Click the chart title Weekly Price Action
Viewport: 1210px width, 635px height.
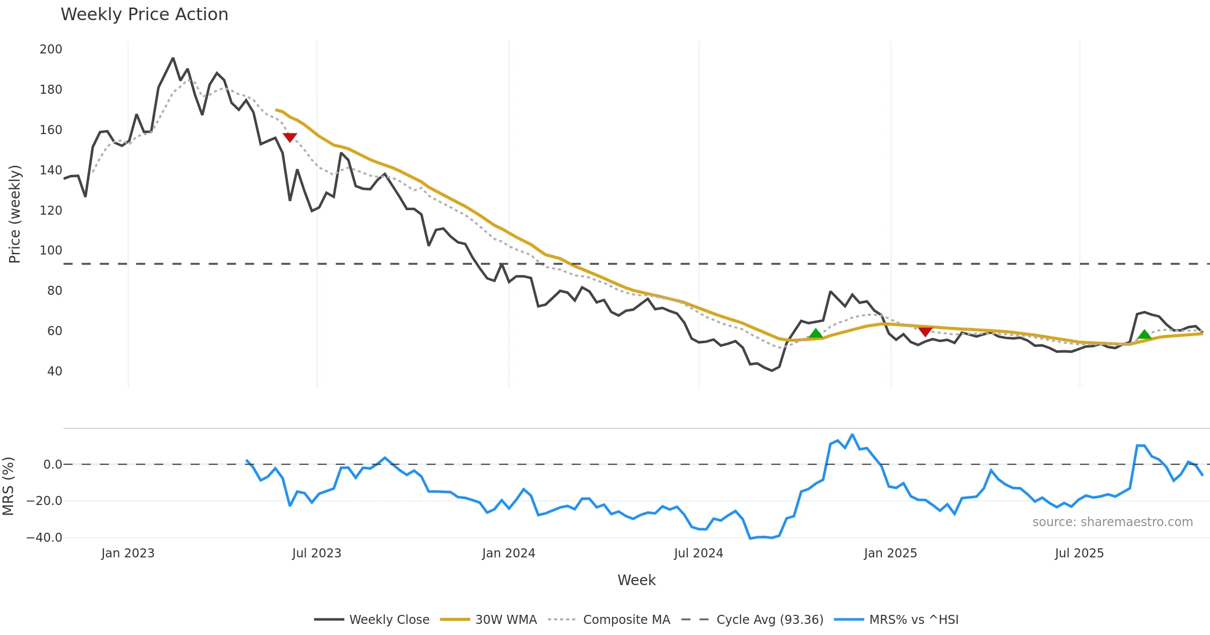[x=144, y=15]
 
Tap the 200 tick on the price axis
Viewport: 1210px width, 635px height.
[x=51, y=49]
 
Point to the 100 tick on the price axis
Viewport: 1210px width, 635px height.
[x=51, y=250]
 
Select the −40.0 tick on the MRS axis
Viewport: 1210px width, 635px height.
[x=44, y=538]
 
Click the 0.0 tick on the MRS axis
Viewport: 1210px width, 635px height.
[x=53, y=465]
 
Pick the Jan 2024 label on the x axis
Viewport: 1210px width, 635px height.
[x=508, y=553]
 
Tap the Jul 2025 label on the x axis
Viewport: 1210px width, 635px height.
[x=1079, y=553]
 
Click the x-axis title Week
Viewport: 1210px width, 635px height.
[x=636, y=581]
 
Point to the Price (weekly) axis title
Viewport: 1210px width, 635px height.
[x=15, y=214]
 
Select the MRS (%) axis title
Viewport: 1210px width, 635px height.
[x=8, y=486]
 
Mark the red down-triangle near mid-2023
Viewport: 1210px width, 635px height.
[x=290, y=137]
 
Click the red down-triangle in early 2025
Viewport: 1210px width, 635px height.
[x=925, y=331]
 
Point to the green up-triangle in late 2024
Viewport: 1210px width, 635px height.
[x=816, y=334]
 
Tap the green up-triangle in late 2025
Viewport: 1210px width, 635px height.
[x=1144, y=334]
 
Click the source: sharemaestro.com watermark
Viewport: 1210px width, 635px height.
[x=1112, y=522]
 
